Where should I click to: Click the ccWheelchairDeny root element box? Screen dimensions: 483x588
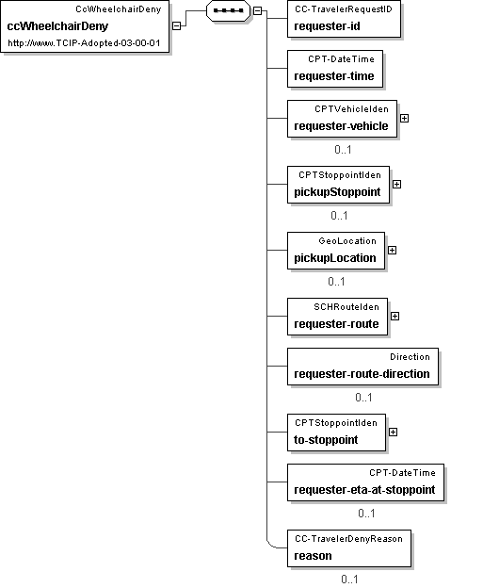click(x=85, y=25)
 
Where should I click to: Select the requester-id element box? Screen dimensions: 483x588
click(x=344, y=19)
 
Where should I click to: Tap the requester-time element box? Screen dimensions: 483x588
click(x=335, y=69)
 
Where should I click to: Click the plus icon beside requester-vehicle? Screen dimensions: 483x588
click(x=404, y=118)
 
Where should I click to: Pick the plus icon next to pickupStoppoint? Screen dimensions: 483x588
click(x=396, y=184)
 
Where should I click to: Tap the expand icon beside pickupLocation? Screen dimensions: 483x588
click(x=392, y=250)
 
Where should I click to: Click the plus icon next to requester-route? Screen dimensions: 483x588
click(x=394, y=316)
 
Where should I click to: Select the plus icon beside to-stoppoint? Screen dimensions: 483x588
click(x=393, y=432)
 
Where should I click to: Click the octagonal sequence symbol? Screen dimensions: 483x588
click(x=228, y=10)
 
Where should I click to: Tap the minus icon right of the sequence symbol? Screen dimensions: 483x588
click(x=257, y=11)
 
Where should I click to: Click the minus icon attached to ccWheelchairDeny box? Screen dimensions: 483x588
click(x=176, y=25)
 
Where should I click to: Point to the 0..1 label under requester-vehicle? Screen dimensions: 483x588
click(x=343, y=150)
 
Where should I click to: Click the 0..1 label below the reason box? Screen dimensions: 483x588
click(x=349, y=579)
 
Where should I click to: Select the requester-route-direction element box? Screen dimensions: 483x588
click(x=362, y=367)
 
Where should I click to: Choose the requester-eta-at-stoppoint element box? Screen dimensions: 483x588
click(x=365, y=482)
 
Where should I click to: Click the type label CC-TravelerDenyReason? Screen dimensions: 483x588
click(x=348, y=538)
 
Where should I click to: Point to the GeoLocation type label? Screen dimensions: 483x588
click(x=347, y=240)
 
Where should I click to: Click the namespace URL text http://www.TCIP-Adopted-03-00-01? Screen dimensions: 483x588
click(x=84, y=42)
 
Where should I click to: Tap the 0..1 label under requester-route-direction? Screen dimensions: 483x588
click(x=363, y=397)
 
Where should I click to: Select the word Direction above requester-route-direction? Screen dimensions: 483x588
click(x=410, y=356)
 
